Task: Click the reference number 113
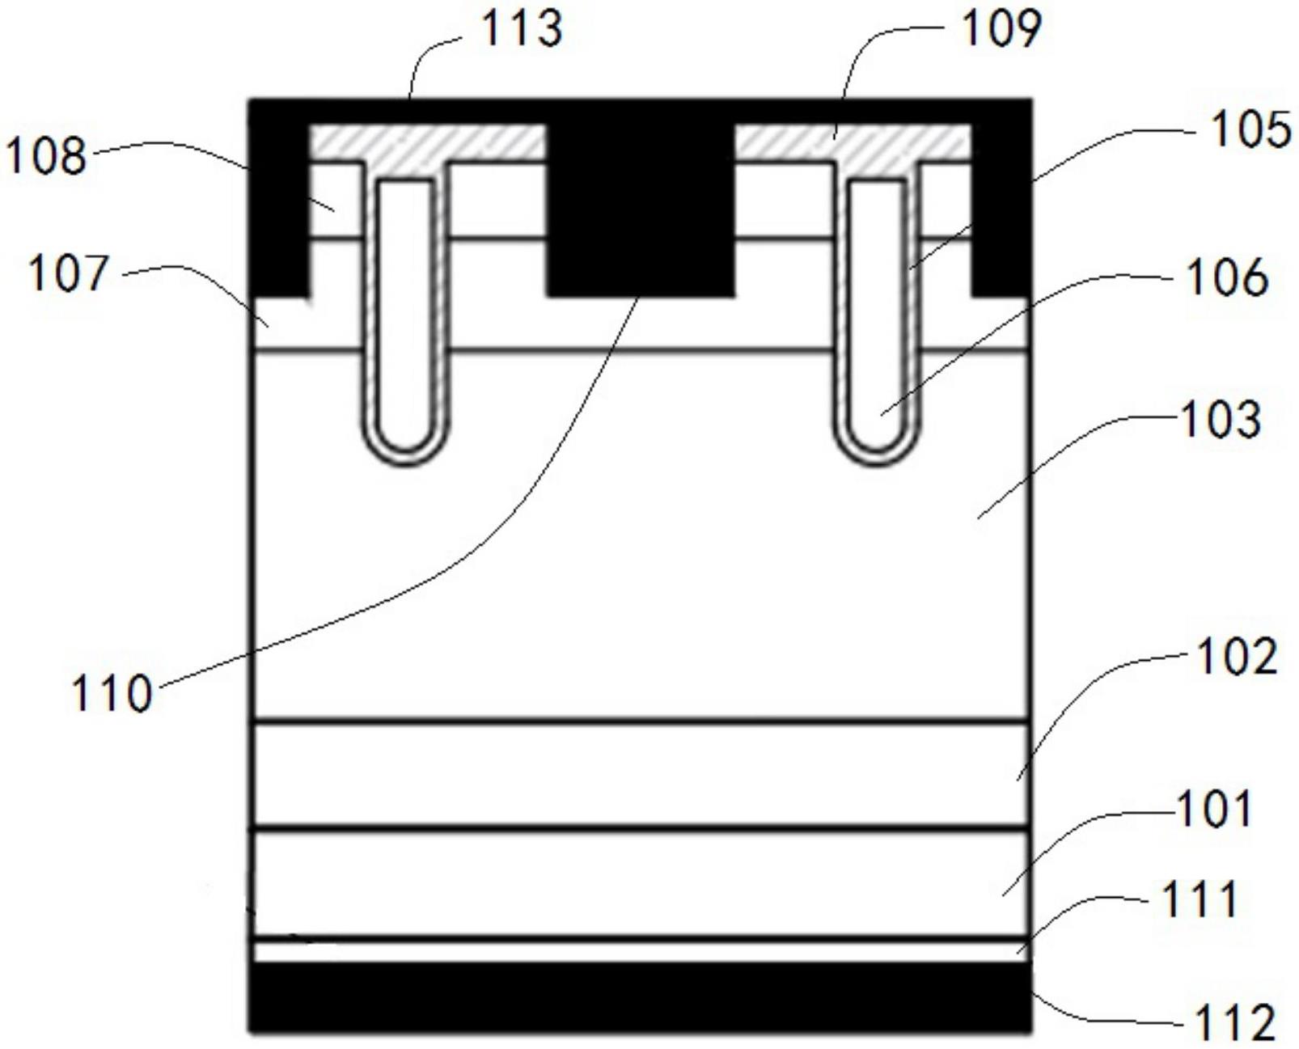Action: pos(522,29)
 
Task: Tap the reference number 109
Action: pos(1001,29)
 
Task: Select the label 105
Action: pos(1251,130)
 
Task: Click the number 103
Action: pos(1221,421)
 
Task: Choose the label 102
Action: pos(1237,658)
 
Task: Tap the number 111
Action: pos(1200,900)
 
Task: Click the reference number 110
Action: pos(112,694)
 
